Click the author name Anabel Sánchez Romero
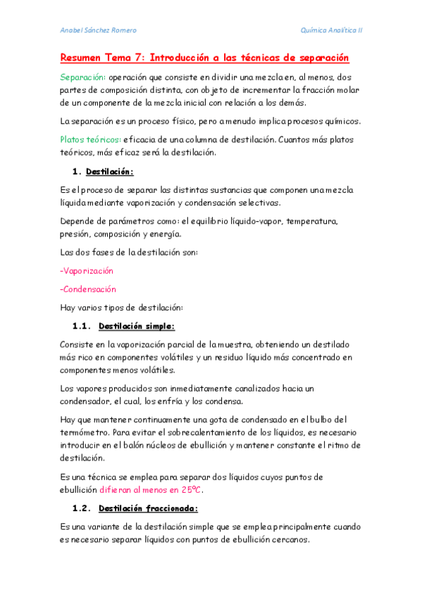click(x=98, y=30)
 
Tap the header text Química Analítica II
click(x=331, y=30)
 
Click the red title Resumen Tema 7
click(x=205, y=57)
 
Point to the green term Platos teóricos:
click(x=90, y=139)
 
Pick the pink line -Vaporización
click(x=87, y=270)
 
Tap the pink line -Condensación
click(x=88, y=289)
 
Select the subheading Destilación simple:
click(x=137, y=326)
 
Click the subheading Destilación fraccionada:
click(x=148, y=508)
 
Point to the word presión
click(x=76, y=234)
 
